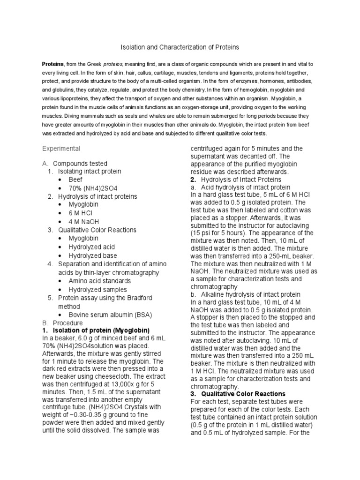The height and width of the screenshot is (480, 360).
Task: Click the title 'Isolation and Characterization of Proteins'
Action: coord(180,47)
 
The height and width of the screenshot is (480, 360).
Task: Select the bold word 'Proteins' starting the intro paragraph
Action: coord(53,64)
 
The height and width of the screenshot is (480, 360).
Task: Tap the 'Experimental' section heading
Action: coord(61,149)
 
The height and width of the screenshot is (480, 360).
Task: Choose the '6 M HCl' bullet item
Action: coord(81,213)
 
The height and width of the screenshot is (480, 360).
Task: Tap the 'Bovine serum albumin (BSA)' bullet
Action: coord(107,314)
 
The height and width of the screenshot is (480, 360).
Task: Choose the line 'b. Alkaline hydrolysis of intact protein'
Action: coord(245,294)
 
